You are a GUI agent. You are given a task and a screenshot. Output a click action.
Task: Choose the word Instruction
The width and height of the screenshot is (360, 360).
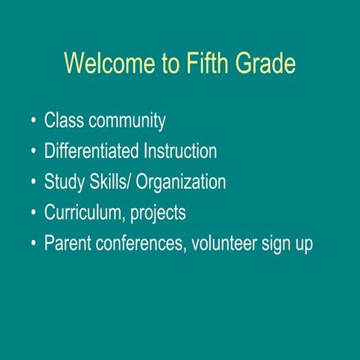click(x=181, y=151)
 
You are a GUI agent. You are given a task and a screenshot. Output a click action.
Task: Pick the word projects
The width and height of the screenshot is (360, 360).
click(x=158, y=213)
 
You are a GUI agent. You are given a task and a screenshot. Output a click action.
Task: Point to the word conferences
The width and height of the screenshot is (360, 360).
click(x=140, y=244)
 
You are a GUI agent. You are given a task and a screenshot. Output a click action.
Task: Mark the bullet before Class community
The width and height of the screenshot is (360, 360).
click(x=33, y=121)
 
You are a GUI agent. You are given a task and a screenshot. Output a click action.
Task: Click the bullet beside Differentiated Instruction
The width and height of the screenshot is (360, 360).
click(x=33, y=152)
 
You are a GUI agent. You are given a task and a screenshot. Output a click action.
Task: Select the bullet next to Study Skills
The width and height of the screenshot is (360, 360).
click(x=33, y=183)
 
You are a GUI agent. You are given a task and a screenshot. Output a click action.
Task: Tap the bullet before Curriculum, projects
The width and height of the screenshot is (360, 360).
click(x=33, y=214)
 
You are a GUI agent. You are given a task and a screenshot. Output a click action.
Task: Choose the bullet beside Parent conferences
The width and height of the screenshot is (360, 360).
click(x=33, y=244)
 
